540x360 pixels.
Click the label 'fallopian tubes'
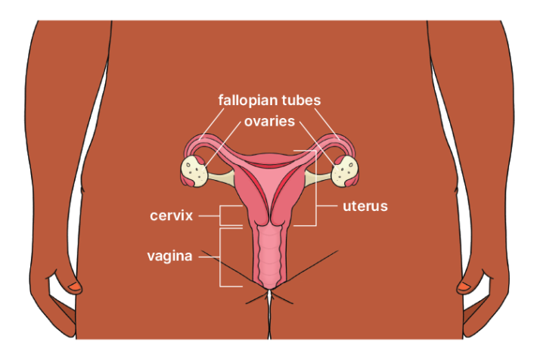tap(269, 101)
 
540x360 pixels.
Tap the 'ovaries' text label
tap(268, 121)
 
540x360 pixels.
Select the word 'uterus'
tap(365, 206)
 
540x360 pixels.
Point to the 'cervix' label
tap(171, 216)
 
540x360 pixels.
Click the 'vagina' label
tap(170, 256)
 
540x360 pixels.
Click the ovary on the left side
tap(195, 170)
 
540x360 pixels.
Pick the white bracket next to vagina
tap(220, 257)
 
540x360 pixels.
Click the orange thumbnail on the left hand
tap(73, 287)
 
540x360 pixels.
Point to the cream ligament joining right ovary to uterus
tap(318, 178)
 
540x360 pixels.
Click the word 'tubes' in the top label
tap(302, 101)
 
